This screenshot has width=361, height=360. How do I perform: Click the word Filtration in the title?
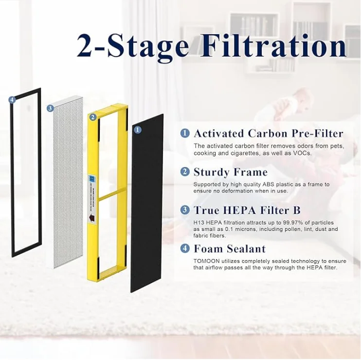[x=273, y=47]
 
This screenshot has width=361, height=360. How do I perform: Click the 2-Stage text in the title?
[x=133, y=47]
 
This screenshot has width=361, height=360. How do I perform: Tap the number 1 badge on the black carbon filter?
[x=137, y=130]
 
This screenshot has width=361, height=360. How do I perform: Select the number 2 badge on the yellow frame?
[x=92, y=117]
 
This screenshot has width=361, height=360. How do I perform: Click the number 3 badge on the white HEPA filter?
[x=50, y=108]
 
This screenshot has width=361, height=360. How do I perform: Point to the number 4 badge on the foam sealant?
[x=12, y=100]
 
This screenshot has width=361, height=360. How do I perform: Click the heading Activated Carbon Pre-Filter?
[x=268, y=133]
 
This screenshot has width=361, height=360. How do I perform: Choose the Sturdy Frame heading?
[x=230, y=172]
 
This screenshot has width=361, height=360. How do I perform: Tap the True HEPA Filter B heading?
[x=247, y=210]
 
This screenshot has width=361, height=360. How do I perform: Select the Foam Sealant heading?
[x=230, y=249]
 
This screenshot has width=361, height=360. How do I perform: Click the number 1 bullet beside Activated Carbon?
[x=185, y=133]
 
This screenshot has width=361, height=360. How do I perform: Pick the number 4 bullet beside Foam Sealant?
[x=185, y=248]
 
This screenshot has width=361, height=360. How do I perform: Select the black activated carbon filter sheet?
[x=147, y=209]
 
